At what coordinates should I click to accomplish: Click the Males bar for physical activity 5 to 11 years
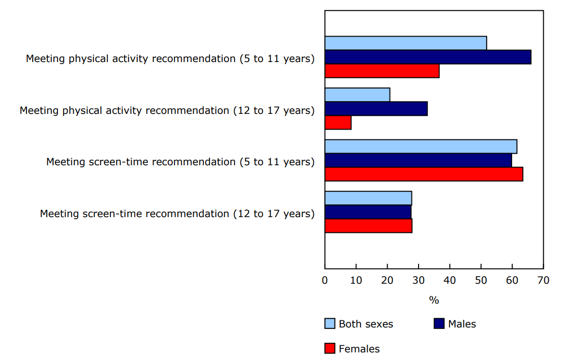(x=428, y=57)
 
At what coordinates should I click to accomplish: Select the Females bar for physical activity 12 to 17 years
(x=338, y=123)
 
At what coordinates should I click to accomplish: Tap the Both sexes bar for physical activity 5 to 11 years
(x=405, y=43)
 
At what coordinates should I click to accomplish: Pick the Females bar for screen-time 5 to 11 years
(x=424, y=174)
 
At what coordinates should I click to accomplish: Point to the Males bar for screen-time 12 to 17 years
(x=368, y=212)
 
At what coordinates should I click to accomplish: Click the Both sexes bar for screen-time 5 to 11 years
(x=421, y=146)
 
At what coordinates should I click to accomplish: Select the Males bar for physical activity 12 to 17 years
(x=376, y=109)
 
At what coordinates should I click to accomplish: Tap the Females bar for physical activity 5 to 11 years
(x=382, y=71)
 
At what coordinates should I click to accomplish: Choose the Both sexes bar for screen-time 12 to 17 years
(x=368, y=198)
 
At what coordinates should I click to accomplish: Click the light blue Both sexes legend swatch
(x=330, y=324)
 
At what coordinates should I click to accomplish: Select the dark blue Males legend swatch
(x=439, y=324)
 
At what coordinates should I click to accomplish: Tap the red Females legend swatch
(x=330, y=349)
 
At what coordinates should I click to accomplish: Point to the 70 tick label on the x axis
(x=543, y=280)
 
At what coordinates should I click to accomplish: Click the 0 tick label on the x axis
(x=325, y=280)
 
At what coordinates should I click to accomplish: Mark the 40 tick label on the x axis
(x=450, y=280)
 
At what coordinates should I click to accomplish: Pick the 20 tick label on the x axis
(x=387, y=280)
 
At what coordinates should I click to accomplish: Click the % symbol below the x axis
(x=434, y=301)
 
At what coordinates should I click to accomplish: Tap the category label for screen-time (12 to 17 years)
(x=177, y=214)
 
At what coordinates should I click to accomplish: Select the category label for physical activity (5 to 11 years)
(x=170, y=58)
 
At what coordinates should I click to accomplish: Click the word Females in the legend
(x=359, y=349)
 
